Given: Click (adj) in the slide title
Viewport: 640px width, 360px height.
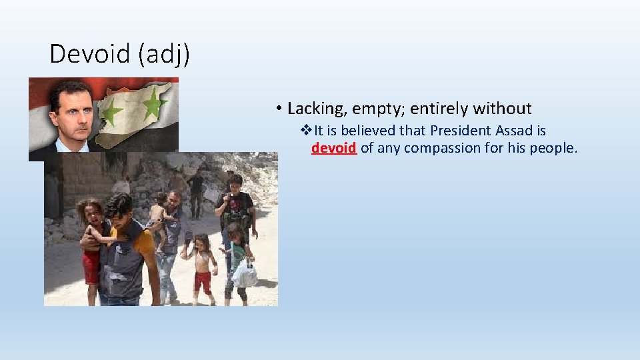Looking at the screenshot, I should [164, 54].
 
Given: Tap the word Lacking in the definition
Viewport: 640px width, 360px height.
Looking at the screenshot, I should [315, 108].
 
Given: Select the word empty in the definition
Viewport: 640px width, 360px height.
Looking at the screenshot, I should [377, 108].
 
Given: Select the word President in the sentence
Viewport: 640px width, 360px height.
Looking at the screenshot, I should [453, 131].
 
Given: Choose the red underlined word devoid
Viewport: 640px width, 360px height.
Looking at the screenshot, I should [333, 148].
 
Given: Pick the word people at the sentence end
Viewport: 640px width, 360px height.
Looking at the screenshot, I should [553, 148].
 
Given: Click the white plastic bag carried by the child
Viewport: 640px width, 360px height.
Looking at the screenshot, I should [245, 273].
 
